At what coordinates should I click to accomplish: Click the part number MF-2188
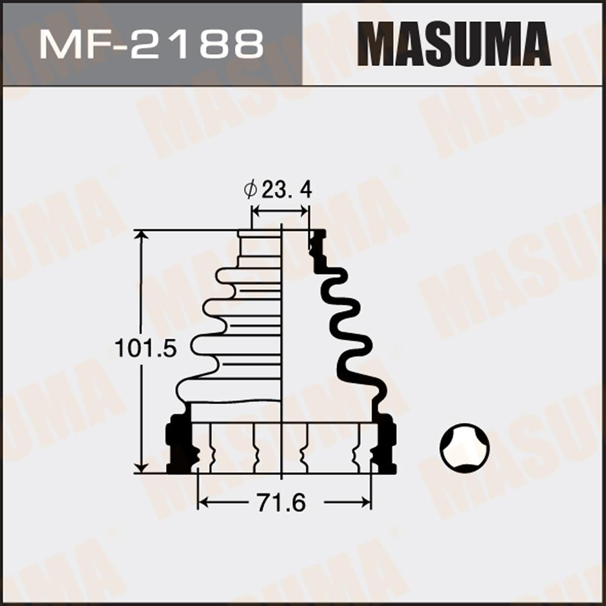pyautogui.click(x=151, y=44)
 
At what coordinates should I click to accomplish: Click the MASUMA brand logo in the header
pyautogui.click(x=454, y=44)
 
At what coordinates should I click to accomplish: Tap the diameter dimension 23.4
pyautogui.click(x=287, y=190)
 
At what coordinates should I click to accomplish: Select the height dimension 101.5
pyautogui.click(x=145, y=348)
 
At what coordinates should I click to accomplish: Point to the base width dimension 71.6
pyautogui.click(x=281, y=503)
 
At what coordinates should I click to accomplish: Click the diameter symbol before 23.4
pyautogui.click(x=250, y=190)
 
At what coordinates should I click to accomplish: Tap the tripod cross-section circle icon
pyautogui.click(x=465, y=448)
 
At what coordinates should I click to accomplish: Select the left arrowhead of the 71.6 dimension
pyautogui.click(x=203, y=502)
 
